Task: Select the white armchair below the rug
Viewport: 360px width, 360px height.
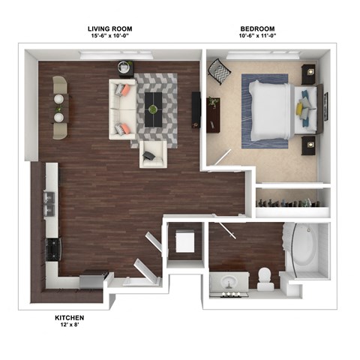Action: [152, 154]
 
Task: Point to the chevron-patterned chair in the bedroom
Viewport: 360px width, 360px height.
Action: [220, 72]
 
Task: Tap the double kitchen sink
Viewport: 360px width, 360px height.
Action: [50, 201]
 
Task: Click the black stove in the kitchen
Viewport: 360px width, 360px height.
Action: [52, 248]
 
